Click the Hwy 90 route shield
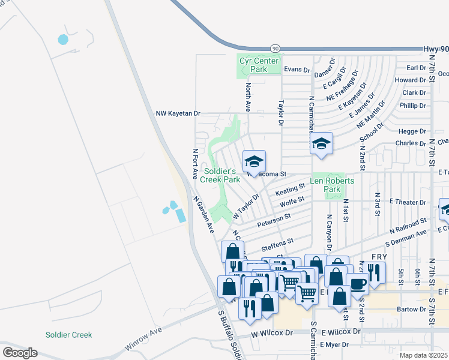(276, 48)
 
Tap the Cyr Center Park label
(259, 65)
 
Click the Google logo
(20, 353)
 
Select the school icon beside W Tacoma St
(254, 161)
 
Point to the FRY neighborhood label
(379, 256)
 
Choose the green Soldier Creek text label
(69, 335)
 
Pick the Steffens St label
(277, 242)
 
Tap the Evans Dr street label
(297, 70)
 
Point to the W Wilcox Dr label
(271, 332)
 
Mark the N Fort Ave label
(195, 164)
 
